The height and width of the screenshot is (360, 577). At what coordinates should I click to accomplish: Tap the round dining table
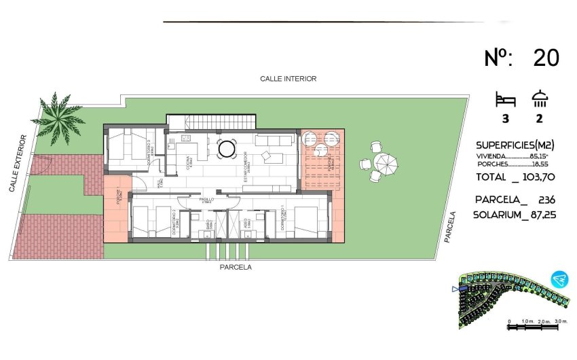pyautogui.click(x=227, y=147)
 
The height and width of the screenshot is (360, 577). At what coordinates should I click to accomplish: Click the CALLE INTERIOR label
pyautogui.click(x=288, y=79)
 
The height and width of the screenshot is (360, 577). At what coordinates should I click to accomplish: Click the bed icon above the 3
pyautogui.click(x=506, y=100)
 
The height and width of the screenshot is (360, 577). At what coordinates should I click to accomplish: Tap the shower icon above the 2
pyautogui.click(x=540, y=99)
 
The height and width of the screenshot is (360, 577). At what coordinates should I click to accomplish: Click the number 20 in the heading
pyautogui.click(x=546, y=58)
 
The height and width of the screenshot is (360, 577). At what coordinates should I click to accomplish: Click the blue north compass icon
pyautogui.click(x=559, y=279)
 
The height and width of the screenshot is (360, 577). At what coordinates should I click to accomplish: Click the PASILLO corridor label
pyautogui.click(x=206, y=201)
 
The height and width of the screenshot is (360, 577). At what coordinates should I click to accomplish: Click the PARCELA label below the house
pyautogui.click(x=236, y=268)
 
